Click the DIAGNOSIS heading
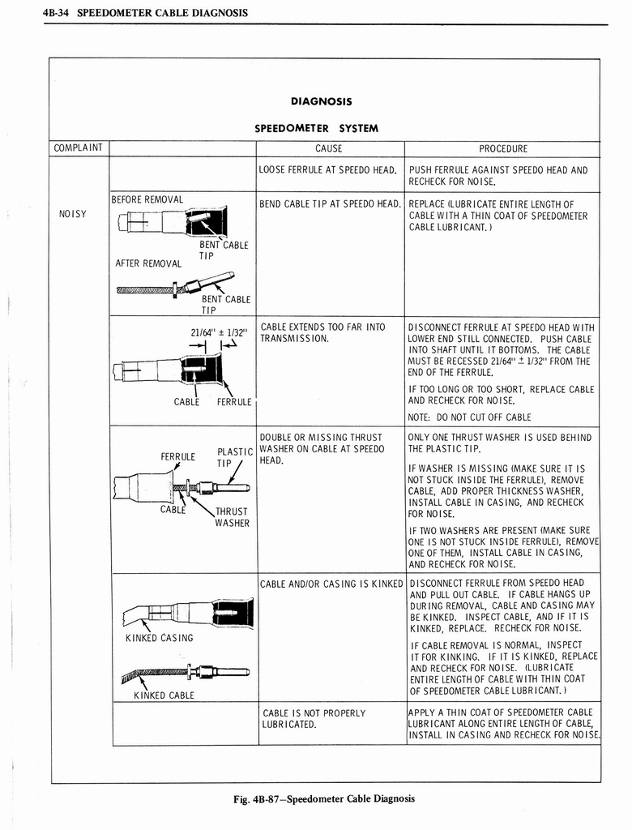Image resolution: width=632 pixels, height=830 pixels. (x=321, y=102)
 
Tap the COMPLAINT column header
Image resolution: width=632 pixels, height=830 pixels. (x=79, y=148)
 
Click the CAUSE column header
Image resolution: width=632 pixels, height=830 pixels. (x=329, y=148)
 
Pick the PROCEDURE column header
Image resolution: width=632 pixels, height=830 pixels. (x=502, y=148)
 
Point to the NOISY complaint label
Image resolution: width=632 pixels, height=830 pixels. (x=72, y=214)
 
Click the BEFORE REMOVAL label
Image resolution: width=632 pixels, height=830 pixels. (x=147, y=199)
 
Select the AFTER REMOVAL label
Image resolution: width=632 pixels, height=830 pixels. (x=148, y=263)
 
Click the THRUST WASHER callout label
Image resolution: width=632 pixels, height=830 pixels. (x=232, y=517)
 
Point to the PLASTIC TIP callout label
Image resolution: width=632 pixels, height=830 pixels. (x=235, y=458)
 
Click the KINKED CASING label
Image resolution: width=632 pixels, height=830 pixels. (x=160, y=638)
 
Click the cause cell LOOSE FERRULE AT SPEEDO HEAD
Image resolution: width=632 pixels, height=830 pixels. (x=327, y=170)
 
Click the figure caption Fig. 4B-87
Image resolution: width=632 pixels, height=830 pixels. (x=323, y=798)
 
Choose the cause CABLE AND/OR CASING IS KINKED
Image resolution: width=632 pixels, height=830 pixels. (x=331, y=584)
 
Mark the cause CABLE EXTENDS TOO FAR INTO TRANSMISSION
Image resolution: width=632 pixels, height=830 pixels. (x=322, y=332)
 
